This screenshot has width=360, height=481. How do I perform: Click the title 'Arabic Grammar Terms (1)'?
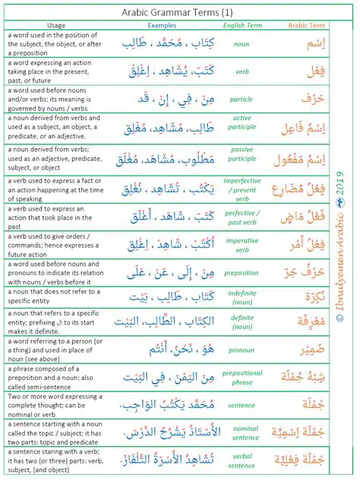click(178, 12)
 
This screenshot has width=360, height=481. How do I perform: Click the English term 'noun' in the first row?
click(241, 44)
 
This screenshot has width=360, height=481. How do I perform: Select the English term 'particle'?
click(241, 100)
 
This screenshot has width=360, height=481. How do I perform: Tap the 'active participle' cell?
click(241, 128)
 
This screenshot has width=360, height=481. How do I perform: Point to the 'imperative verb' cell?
click(241, 245)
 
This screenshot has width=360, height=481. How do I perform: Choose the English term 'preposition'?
click(241, 272)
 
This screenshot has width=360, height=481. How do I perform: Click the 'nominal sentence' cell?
click(241, 432)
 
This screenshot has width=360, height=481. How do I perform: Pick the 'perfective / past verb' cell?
click(241, 217)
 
